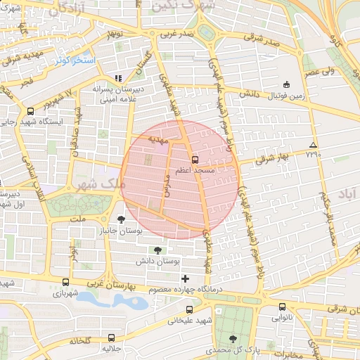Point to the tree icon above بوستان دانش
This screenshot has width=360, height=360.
157,250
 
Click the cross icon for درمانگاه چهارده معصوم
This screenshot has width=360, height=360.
185,279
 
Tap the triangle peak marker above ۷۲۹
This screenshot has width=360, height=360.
312,146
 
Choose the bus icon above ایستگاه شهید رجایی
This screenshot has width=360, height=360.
30,111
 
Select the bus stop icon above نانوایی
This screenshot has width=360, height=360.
282,307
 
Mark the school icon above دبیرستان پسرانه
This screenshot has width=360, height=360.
117,78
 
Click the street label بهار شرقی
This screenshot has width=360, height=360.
268,159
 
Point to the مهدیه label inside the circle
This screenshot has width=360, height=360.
159,140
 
